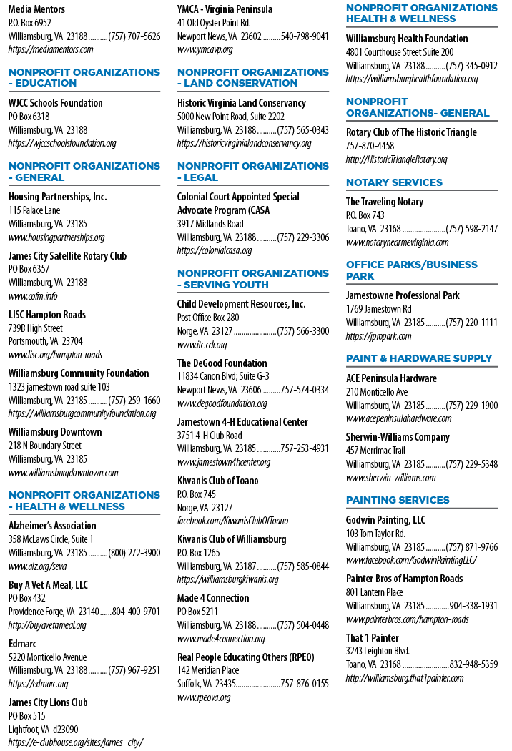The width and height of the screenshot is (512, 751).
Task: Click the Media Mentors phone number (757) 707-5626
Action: tap(134, 36)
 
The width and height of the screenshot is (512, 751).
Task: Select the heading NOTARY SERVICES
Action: tap(394, 182)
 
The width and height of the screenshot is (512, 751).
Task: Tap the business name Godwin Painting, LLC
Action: tap(385, 520)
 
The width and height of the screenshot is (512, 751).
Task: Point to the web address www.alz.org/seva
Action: tap(37, 566)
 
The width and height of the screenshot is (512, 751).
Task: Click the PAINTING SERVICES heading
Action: tap(398, 500)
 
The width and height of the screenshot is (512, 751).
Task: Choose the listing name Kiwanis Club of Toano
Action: tap(217, 481)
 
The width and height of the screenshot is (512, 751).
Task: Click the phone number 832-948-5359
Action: tap(473, 664)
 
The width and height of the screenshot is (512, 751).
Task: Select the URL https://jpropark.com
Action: tap(378, 336)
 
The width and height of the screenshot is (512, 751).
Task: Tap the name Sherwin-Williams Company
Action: tap(398, 437)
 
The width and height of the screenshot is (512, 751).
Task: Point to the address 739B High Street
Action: tap(36, 328)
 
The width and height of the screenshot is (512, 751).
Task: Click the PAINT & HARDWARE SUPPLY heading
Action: tap(419, 359)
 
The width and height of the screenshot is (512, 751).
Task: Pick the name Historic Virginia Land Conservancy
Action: tap(242, 104)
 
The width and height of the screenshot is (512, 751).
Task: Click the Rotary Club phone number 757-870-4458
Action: tap(370, 146)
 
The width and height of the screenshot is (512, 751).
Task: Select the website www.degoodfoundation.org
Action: tap(222, 404)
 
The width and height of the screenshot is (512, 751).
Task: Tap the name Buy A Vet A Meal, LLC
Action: tap(48, 585)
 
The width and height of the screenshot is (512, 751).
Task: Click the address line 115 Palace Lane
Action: tap(34, 210)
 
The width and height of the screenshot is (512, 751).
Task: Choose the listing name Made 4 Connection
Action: tap(213, 598)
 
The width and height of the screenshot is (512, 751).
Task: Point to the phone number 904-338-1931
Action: tap(473, 606)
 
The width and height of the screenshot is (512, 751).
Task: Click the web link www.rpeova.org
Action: tap(204, 698)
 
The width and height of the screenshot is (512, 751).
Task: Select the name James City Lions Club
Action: tap(48, 702)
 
